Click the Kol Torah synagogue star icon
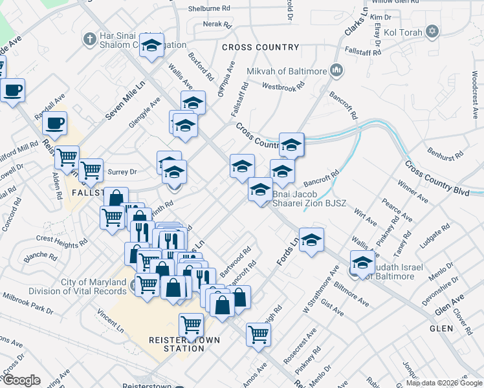432,31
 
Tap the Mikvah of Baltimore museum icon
336,70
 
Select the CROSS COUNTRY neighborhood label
260,47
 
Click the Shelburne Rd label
209,9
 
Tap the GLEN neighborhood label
445,328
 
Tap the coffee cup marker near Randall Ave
55,122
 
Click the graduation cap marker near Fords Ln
311,240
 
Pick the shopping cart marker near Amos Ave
258,334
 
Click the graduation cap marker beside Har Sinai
152,46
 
